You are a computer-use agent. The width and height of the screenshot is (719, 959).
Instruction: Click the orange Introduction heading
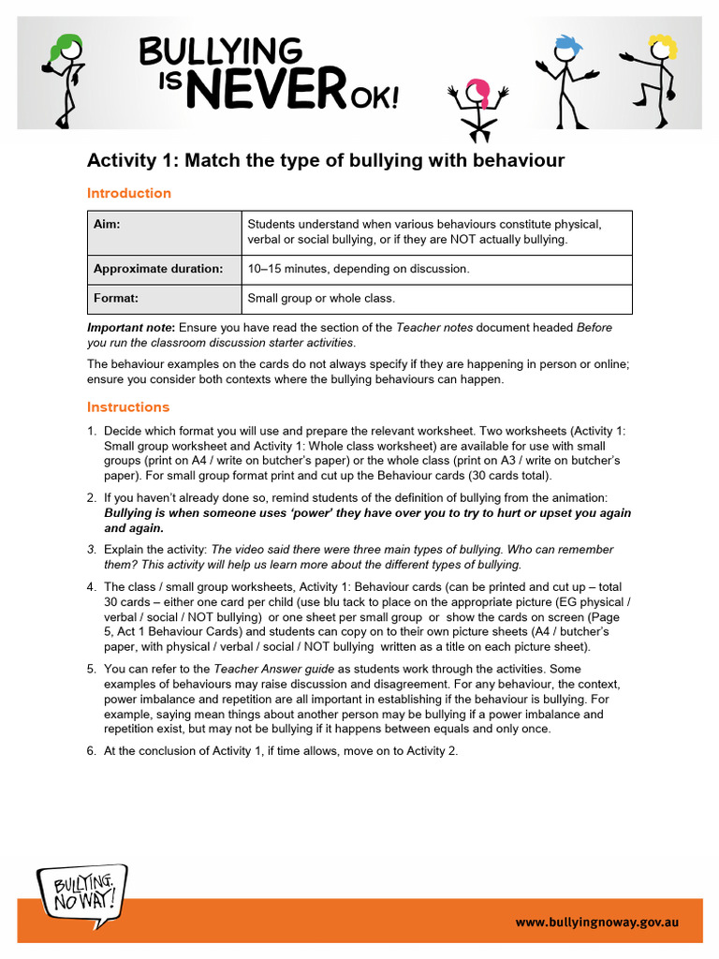point(129,193)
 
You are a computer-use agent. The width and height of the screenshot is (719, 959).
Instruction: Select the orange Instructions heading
point(128,406)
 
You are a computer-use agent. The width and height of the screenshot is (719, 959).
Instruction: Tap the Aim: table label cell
point(164,233)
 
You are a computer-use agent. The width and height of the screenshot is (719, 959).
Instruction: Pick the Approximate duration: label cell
point(164,269)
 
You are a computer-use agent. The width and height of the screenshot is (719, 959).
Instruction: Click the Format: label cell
point(164,299)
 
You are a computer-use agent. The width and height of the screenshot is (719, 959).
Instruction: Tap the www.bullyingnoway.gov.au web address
point(595,922)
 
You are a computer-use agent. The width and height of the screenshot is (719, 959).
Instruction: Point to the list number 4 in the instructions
point(92,587)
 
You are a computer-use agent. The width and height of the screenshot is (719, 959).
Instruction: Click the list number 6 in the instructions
point(92,750)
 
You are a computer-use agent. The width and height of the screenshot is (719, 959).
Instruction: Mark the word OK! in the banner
point(376,96)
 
